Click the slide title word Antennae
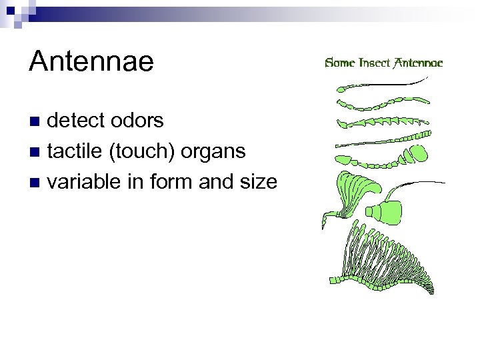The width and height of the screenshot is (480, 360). (91, 62)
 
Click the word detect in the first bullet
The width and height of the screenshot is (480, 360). (76, 121)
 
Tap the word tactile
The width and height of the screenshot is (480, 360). (74, 151)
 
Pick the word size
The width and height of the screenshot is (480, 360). (256, 181)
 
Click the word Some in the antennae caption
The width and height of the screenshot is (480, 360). (340, 63)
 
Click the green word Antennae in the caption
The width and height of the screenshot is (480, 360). (418, 63)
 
